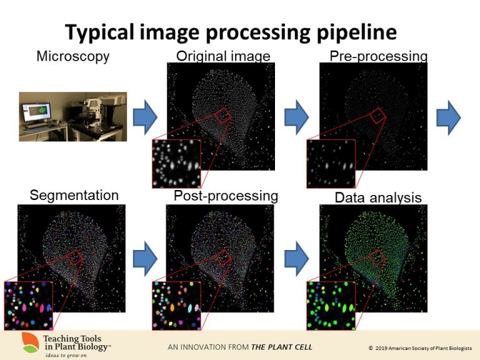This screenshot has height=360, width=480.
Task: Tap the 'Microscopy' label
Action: (73, 56)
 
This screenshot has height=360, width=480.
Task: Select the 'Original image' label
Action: (223, 56)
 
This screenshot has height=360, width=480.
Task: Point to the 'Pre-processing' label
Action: (378, 56)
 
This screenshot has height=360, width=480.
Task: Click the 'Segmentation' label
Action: (74, 195)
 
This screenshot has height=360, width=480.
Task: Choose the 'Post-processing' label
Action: (226, 196)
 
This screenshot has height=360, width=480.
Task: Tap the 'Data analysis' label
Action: (378, 198)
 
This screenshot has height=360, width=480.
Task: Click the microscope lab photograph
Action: (72, 116)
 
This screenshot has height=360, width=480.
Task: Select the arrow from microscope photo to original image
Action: (145, 117)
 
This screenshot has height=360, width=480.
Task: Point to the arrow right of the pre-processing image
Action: (448, 117)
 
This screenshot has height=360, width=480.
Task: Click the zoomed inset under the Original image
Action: (176, 163)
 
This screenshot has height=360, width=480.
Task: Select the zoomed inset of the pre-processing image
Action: (331, 163)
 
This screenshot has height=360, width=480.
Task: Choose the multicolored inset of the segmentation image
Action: (28, 305)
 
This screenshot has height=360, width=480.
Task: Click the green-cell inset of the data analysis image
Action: (331, 305)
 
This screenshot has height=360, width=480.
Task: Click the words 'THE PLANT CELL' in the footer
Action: (281, 347)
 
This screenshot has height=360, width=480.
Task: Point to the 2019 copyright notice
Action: (419, 347)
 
